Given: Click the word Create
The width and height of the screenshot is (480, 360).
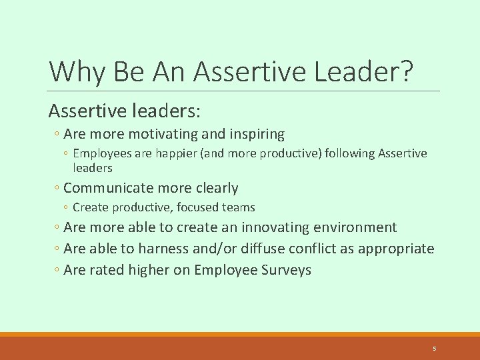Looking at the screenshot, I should [x=90, y=207].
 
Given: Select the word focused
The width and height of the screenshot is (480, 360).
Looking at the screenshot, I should [x=198, y=207].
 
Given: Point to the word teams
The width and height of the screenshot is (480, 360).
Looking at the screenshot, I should [x=239, y=207].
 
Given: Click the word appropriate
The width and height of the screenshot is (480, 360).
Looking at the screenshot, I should [x=397, y=249].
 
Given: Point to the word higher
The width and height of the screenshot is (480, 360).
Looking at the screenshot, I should [x=151, y=270].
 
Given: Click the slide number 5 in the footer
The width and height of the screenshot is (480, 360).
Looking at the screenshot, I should [x=434, y=349].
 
